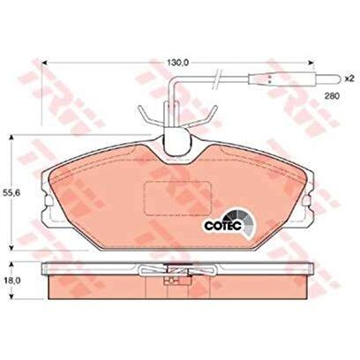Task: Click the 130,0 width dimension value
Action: [x=179, y=63]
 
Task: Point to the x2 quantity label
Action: [x=350, y=79]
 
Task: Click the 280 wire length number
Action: [x=332, y=95]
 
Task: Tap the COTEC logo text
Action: [x=223, y=226]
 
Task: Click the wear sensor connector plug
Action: [x=295, y=79]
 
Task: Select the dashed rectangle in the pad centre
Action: [x=177, y=198]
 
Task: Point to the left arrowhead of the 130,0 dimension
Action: [x=45, y=63]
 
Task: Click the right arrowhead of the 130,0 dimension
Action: [x=311, y=63]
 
